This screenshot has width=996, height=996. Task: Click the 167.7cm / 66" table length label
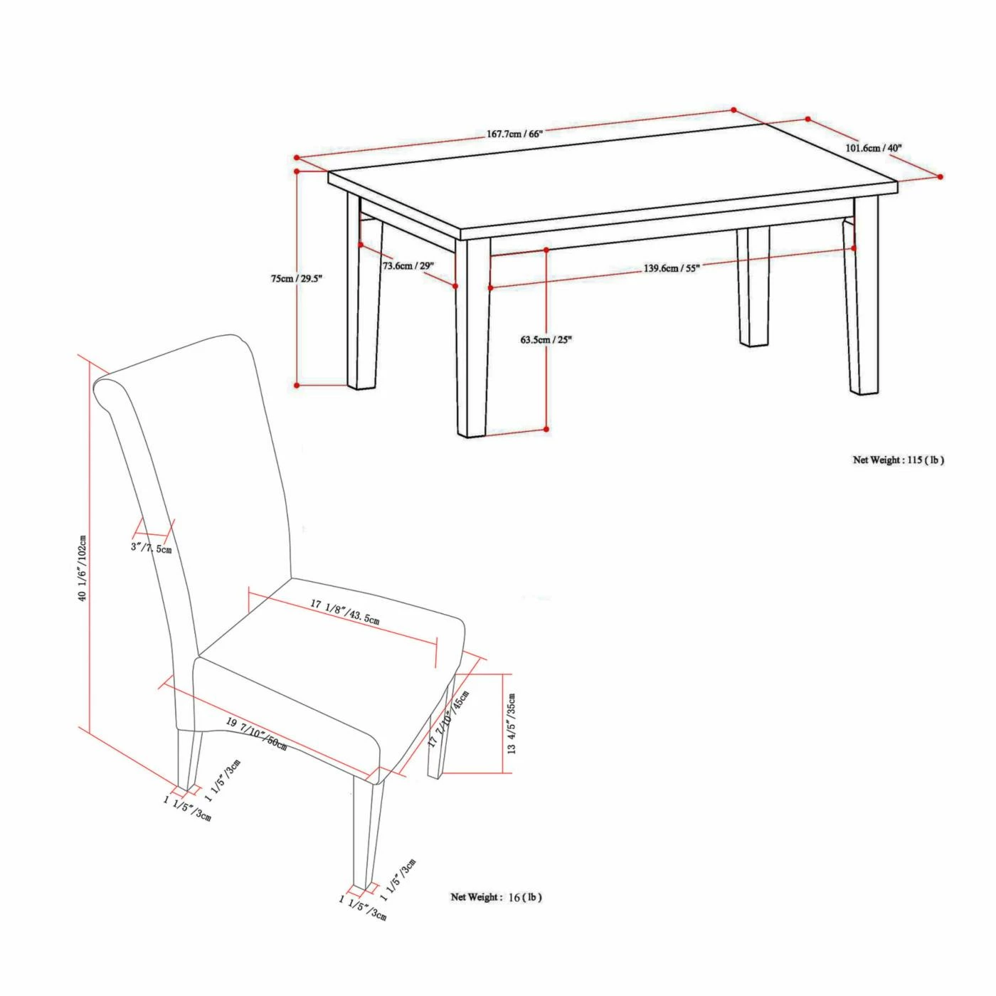tap(514, 134)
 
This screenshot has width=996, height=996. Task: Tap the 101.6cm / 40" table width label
tap(873, 147)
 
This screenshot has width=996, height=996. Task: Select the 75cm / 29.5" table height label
tap(296, 279)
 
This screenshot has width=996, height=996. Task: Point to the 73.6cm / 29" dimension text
tap(408, 265)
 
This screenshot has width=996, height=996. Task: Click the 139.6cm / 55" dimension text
tap(671, 269)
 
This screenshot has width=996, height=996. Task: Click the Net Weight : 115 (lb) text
tap(899, 460)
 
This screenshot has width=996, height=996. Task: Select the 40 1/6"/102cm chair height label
tap(83, 568)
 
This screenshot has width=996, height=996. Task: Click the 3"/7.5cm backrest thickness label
tap(152, 547)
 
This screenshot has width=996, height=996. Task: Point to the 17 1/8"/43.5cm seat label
tap(345, 611)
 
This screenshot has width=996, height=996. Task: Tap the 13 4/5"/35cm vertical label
tap(512, 723)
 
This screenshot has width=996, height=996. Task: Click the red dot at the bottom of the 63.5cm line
tap(547, 429)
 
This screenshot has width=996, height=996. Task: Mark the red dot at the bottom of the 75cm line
tap(297, 385)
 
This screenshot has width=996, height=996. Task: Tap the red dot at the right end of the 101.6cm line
tap(941, 176)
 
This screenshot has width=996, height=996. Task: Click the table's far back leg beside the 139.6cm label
tap(753, 286)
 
